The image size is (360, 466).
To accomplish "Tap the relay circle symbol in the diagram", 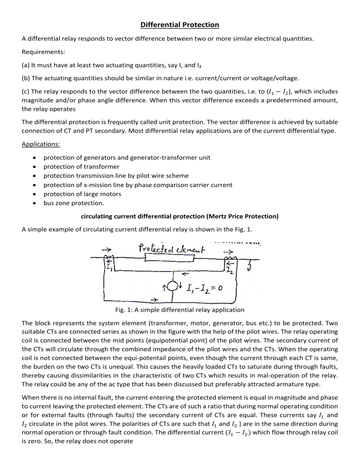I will click(x=174, y=286).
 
